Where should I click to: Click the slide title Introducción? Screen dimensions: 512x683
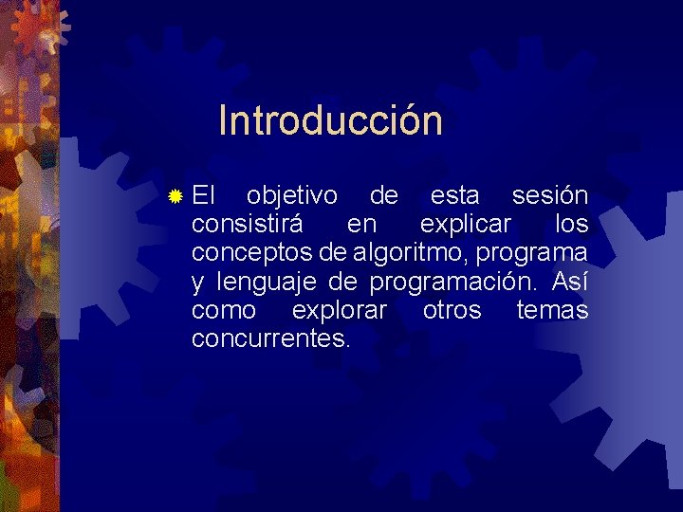point(330,121)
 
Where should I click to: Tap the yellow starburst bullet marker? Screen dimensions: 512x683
point(174,197)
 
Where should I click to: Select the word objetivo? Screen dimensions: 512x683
point(291,196)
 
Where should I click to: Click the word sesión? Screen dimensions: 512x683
point(549,196)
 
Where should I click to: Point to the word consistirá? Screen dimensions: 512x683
point(248,225)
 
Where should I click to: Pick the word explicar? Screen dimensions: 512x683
point(465,225)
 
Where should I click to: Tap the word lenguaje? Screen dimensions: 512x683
point(268,282)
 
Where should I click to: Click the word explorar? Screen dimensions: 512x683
point(340,310)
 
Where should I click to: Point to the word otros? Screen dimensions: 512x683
point(452,310)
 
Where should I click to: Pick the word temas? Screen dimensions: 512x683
point(552,310)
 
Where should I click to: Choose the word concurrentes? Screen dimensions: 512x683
point(270,338)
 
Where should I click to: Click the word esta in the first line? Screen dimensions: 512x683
point(454,196)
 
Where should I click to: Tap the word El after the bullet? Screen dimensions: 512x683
point(203,196)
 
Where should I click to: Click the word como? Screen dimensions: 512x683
point(223,310)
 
